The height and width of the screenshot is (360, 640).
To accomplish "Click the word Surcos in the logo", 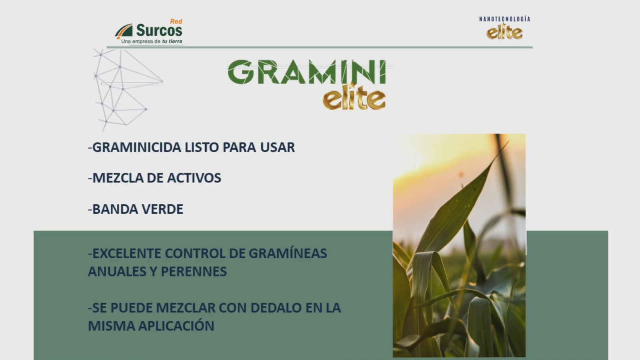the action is pos(159,30).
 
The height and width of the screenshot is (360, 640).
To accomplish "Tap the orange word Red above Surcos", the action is pos(176,22).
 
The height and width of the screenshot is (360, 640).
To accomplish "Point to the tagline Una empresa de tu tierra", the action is pos(152,42).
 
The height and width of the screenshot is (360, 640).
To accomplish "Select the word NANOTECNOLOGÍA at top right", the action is pos(504,19).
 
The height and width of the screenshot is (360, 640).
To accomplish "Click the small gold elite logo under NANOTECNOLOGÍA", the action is pos(504,32).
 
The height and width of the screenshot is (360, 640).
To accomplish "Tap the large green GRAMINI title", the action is pos(307,72).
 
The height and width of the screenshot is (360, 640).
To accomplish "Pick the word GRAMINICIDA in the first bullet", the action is pos(137,148).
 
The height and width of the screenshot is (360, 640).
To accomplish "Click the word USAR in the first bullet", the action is pos(277,148).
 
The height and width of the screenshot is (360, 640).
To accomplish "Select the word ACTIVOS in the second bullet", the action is pos(194,178).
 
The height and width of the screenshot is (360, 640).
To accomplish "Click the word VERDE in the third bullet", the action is pos(162,209).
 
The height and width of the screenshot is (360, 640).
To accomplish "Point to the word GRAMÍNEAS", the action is pos(288,253).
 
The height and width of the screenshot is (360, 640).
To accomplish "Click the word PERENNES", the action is pos(194,272).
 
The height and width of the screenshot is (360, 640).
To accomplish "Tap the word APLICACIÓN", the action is pos(176,326).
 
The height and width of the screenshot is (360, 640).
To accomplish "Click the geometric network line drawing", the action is pos(128,90).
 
